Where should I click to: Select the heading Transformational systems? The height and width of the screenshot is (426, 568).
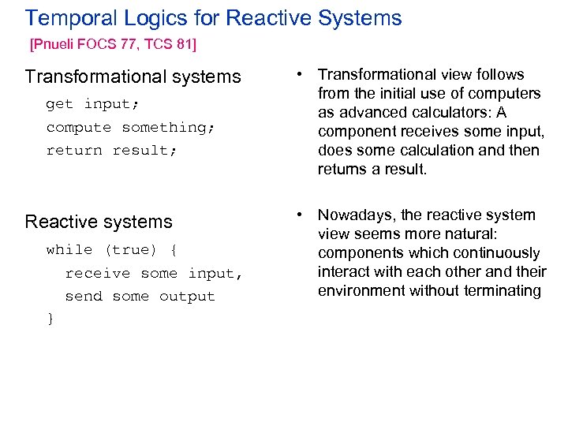point(133,77)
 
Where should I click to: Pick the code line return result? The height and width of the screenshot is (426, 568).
point(107,150)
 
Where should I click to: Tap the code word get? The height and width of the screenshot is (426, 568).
point(59,103)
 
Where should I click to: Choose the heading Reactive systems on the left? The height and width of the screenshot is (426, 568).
point(99,222)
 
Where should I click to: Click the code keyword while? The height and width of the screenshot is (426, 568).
point(69,249)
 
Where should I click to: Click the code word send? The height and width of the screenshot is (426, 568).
point(84,296)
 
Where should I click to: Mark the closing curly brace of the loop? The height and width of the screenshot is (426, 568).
point(50,318)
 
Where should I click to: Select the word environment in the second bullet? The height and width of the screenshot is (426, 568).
point(357,291)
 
